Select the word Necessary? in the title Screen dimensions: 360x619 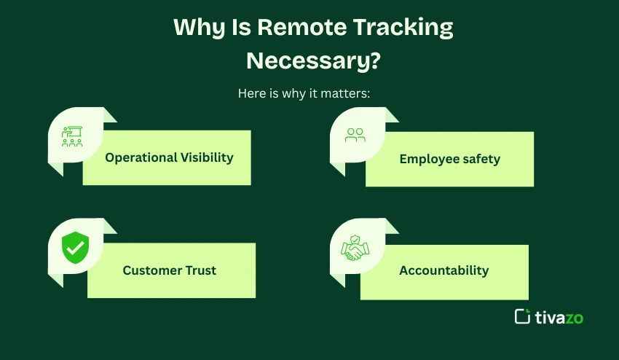[313, 60]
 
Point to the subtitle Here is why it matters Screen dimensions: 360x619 [309, 94]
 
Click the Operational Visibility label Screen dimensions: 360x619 [169, 157]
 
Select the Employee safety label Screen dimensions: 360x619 [449, 159]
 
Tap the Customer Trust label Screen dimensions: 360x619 [169, 270]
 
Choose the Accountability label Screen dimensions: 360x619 [443, 270]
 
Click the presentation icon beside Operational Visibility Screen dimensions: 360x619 [72, 137]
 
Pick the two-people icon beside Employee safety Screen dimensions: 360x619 [355, 135]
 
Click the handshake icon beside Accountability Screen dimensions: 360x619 [355, 249]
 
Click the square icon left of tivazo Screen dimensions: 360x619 [522, 316]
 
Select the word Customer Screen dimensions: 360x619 [150, 270]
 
